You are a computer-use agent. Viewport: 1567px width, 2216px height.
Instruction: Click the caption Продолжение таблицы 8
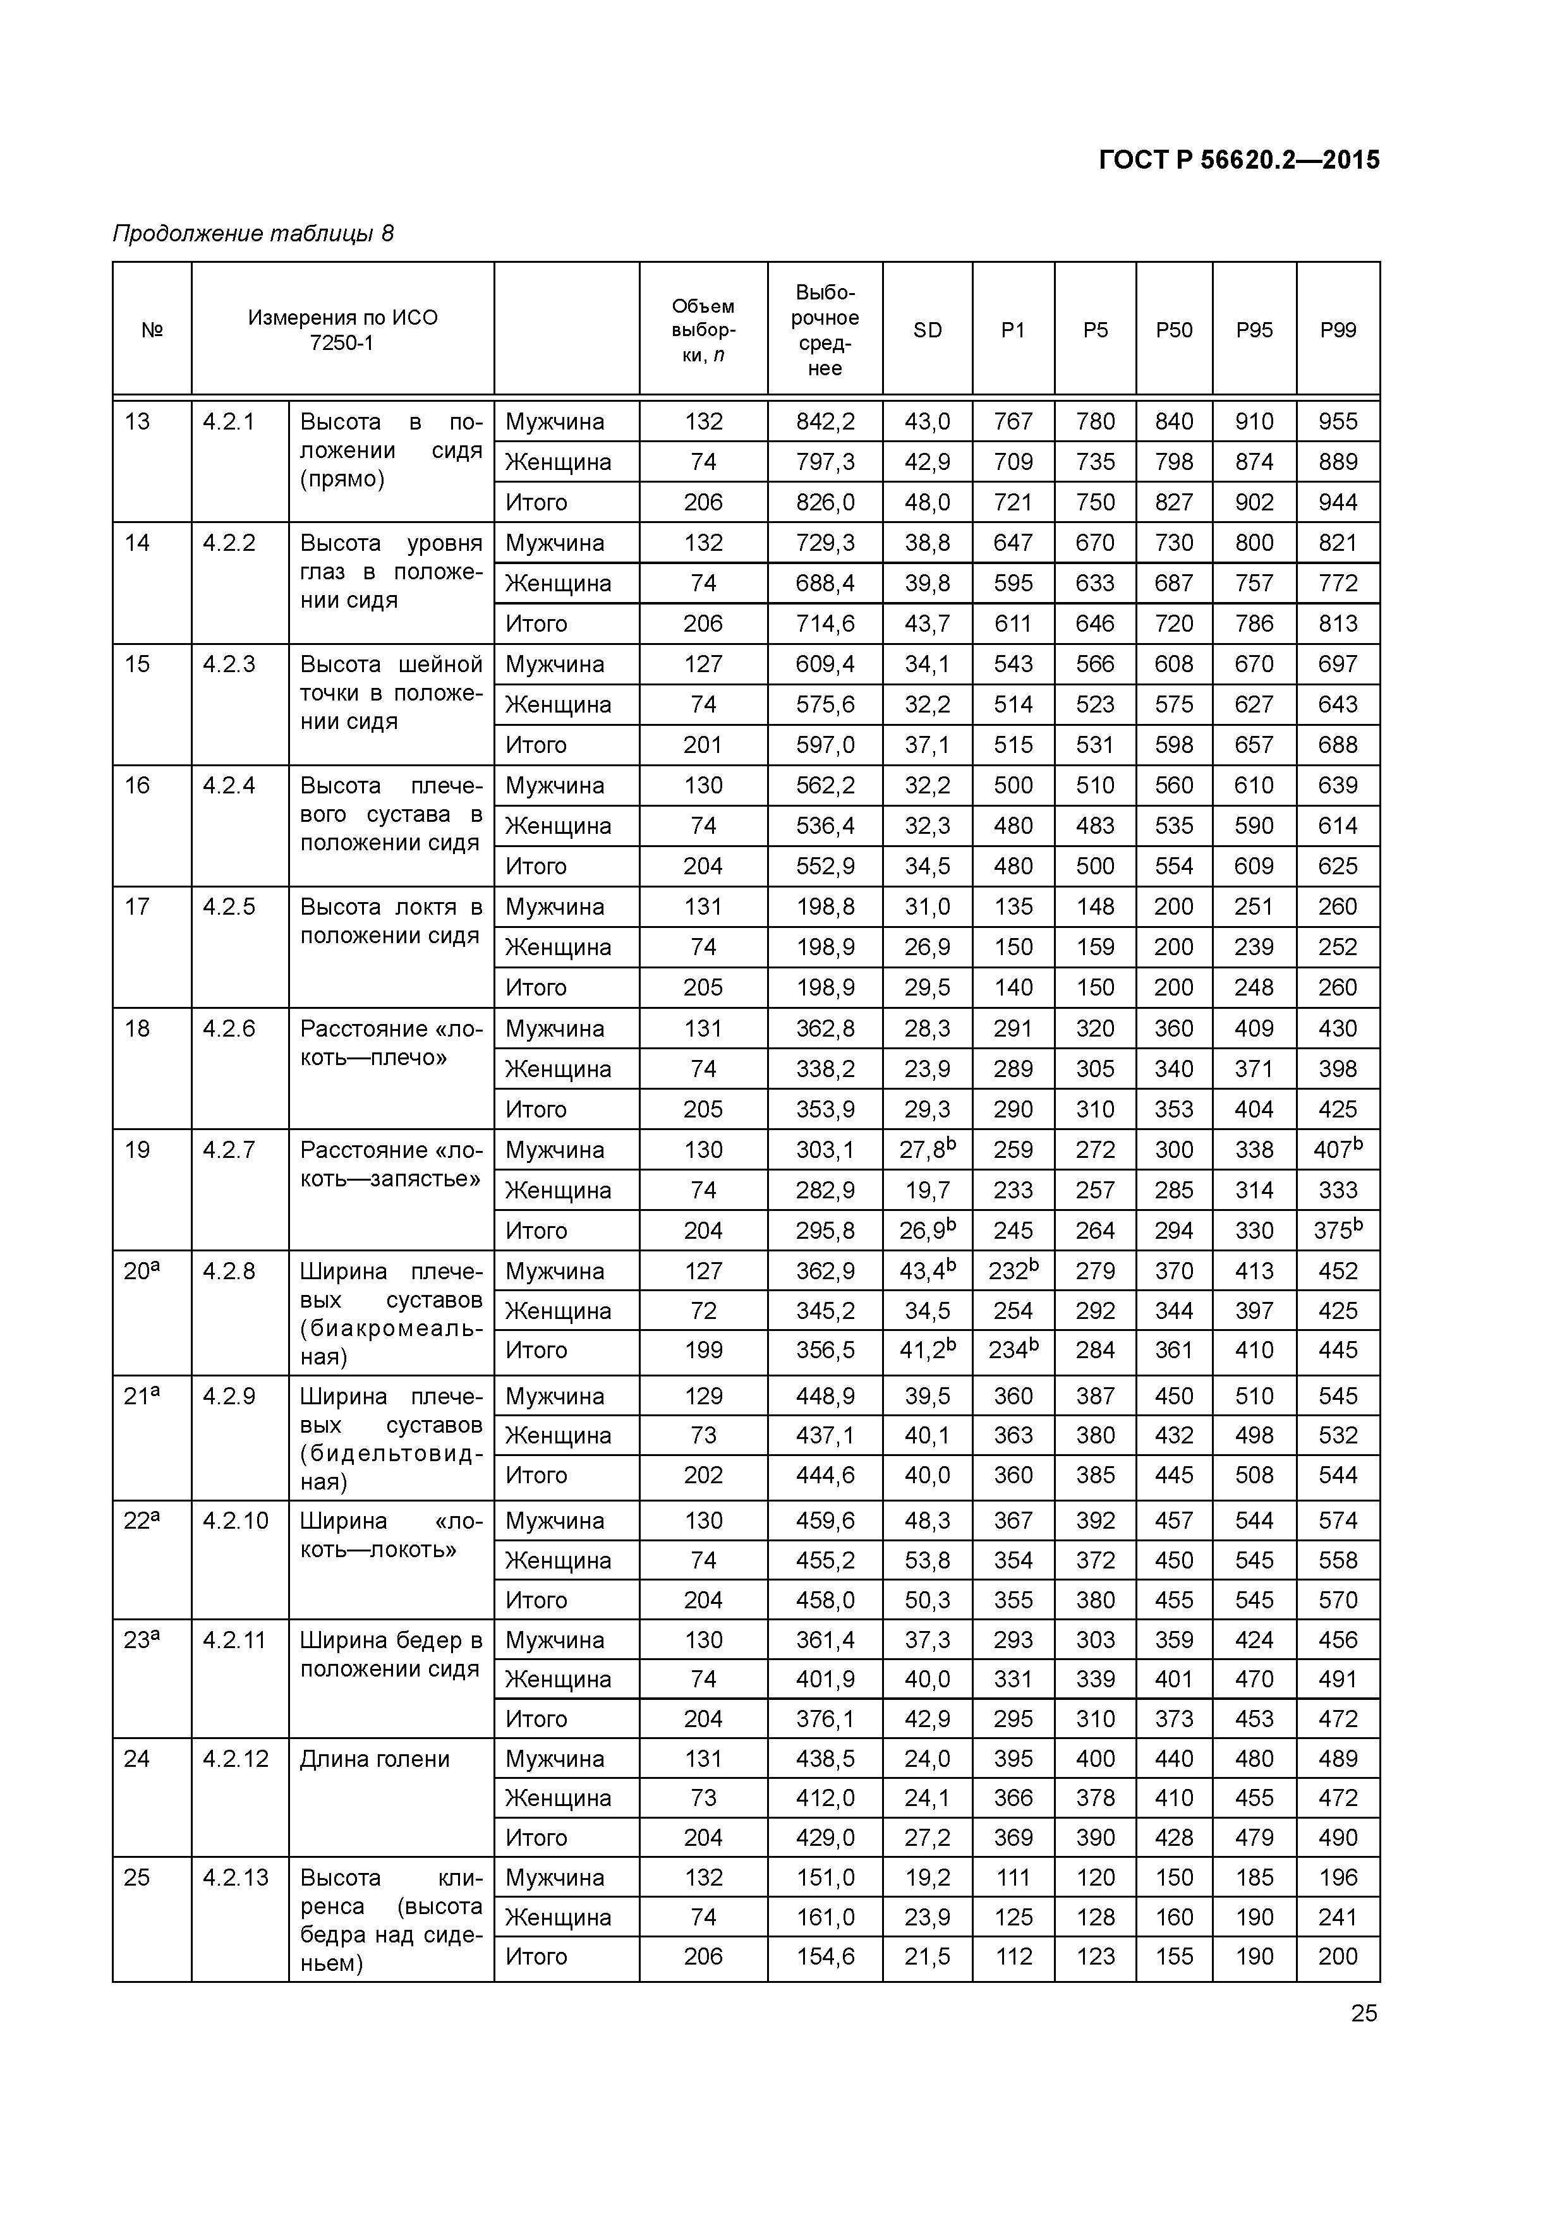pos(253,234)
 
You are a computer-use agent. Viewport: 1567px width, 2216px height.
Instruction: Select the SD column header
pos(927,330)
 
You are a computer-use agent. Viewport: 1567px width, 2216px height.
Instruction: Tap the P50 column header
pos(1174,330)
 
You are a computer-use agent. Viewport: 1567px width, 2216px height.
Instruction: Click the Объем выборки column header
pos(703,330)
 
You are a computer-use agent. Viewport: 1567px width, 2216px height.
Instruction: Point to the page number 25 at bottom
pos(1364,2013)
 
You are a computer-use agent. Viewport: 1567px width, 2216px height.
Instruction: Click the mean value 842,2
pos(825,422)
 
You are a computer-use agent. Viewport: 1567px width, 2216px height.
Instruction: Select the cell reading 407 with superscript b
pos(1337,1150)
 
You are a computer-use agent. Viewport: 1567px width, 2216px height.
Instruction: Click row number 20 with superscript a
pos(141,1271)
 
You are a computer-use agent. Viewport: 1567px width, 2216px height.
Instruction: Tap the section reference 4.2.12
pos(236,1759)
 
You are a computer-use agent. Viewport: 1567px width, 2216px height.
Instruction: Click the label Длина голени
pos(375,1759)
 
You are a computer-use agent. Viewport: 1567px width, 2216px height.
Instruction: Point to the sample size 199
pos(703,1350)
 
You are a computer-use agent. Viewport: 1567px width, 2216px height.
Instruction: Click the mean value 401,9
pos(825,1680)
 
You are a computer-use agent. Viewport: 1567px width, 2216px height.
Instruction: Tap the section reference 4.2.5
pos(229,906)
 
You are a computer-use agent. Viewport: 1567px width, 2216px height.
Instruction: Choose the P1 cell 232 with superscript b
pos(1013,1271)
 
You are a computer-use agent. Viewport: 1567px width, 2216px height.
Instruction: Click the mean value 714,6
pos(825,623)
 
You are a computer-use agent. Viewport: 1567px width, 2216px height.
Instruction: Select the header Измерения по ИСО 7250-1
pos(342,330)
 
